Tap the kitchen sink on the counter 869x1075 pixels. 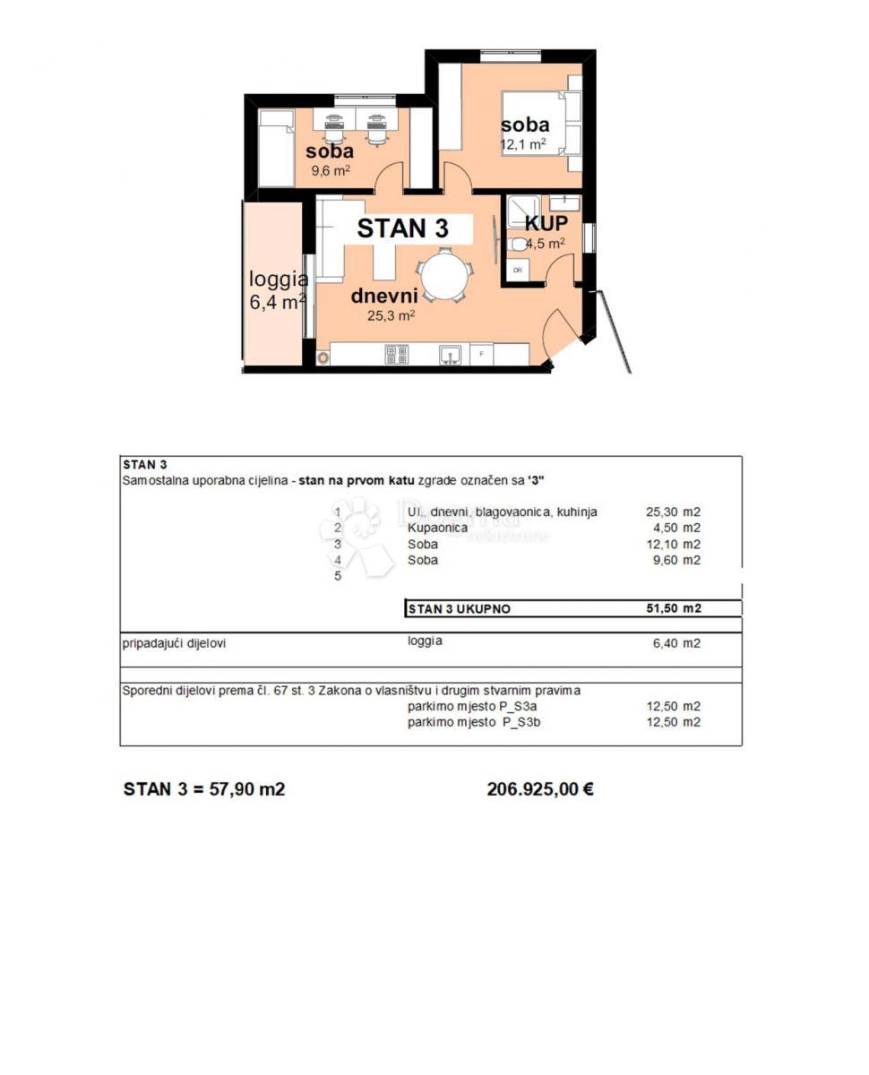450,355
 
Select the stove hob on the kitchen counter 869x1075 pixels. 396,355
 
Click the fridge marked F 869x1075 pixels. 482,355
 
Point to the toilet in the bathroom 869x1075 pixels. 518,244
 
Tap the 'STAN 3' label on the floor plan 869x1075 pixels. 402,228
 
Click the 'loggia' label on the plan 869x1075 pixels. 279,279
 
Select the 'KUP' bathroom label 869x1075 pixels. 546,223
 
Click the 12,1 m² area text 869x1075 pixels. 523,143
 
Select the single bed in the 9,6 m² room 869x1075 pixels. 277,148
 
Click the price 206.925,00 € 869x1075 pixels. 540,789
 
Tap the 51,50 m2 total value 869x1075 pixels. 673,608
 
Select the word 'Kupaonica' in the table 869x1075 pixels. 437,528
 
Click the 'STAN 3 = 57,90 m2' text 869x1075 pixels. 204,789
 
